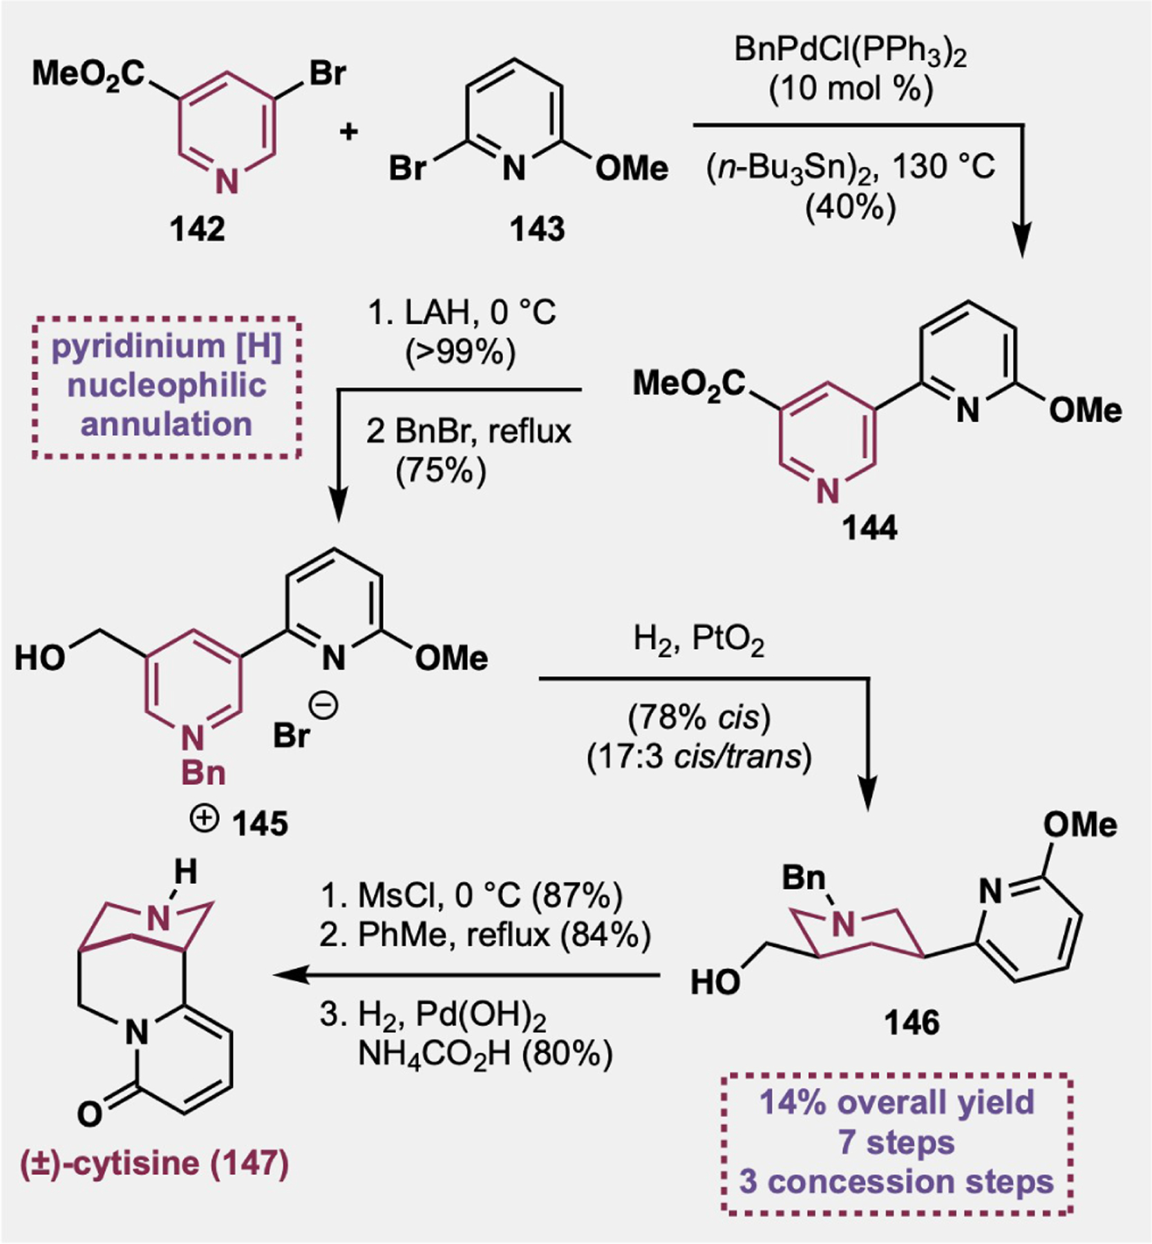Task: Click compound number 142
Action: click(197, 229)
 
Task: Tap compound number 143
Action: click(537, 229)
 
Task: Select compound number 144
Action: click(869, 528)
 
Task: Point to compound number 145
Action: click(260, 823)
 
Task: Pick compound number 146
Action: click(912, 1022)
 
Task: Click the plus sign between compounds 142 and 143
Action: click(349, 131)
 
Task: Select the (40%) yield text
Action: click(850, 207)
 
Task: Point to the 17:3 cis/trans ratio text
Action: click(699, 757)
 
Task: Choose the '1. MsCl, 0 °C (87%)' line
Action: click(471, 896)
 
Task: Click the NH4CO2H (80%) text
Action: click(485, 1055)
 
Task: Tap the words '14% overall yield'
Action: click(896, 1102)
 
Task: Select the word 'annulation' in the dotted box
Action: click(167, 424)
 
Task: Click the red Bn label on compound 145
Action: click(203, 772)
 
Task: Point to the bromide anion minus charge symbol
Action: click(326, 706)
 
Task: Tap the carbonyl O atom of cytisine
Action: click(90, 1113)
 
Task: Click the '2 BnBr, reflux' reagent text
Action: click(469, 432)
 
